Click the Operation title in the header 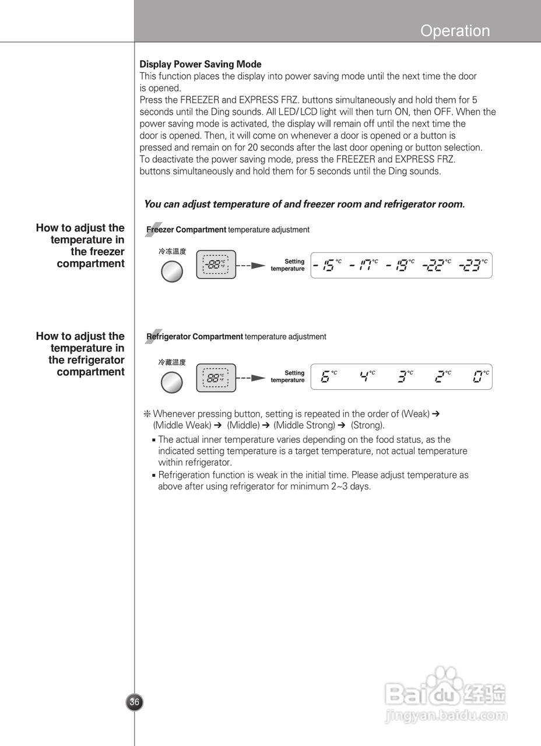click(x=455, y=31)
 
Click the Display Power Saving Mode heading click(x=200, y=64)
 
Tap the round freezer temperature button click(x=171, y=271)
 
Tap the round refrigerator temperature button click(x=171, y=382)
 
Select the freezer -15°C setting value click(x=327, y=266)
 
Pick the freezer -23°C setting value click(x=473, y=266)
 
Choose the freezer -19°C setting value click(x=400, y=266)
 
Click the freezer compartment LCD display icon click(x=216, y=265)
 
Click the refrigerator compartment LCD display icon click(x=216, y=377)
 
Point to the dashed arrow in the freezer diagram click(x=251, y=266)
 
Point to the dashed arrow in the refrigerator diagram click(x=251, y=377)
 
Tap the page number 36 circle click(x=135, y=702)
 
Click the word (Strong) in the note click(x=367, y=425)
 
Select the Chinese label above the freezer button click(x=172, y=251)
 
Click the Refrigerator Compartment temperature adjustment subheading click(x=236, y=337)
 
